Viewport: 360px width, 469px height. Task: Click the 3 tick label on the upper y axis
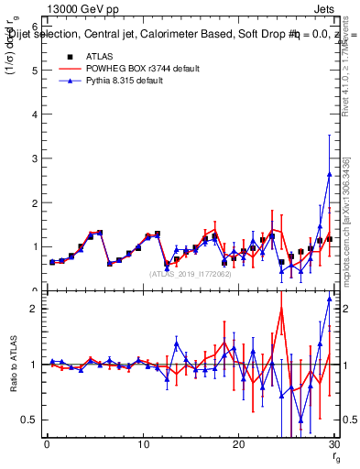(34, 158)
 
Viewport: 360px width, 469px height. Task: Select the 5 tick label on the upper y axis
(34, 71)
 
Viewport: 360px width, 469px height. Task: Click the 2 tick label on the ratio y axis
(34, 309)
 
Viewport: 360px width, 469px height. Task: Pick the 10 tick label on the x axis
(143, 445)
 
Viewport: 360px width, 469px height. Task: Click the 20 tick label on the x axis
(239, 445)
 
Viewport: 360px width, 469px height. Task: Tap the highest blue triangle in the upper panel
(329, 174)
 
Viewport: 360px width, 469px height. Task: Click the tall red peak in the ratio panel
(281, 309)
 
